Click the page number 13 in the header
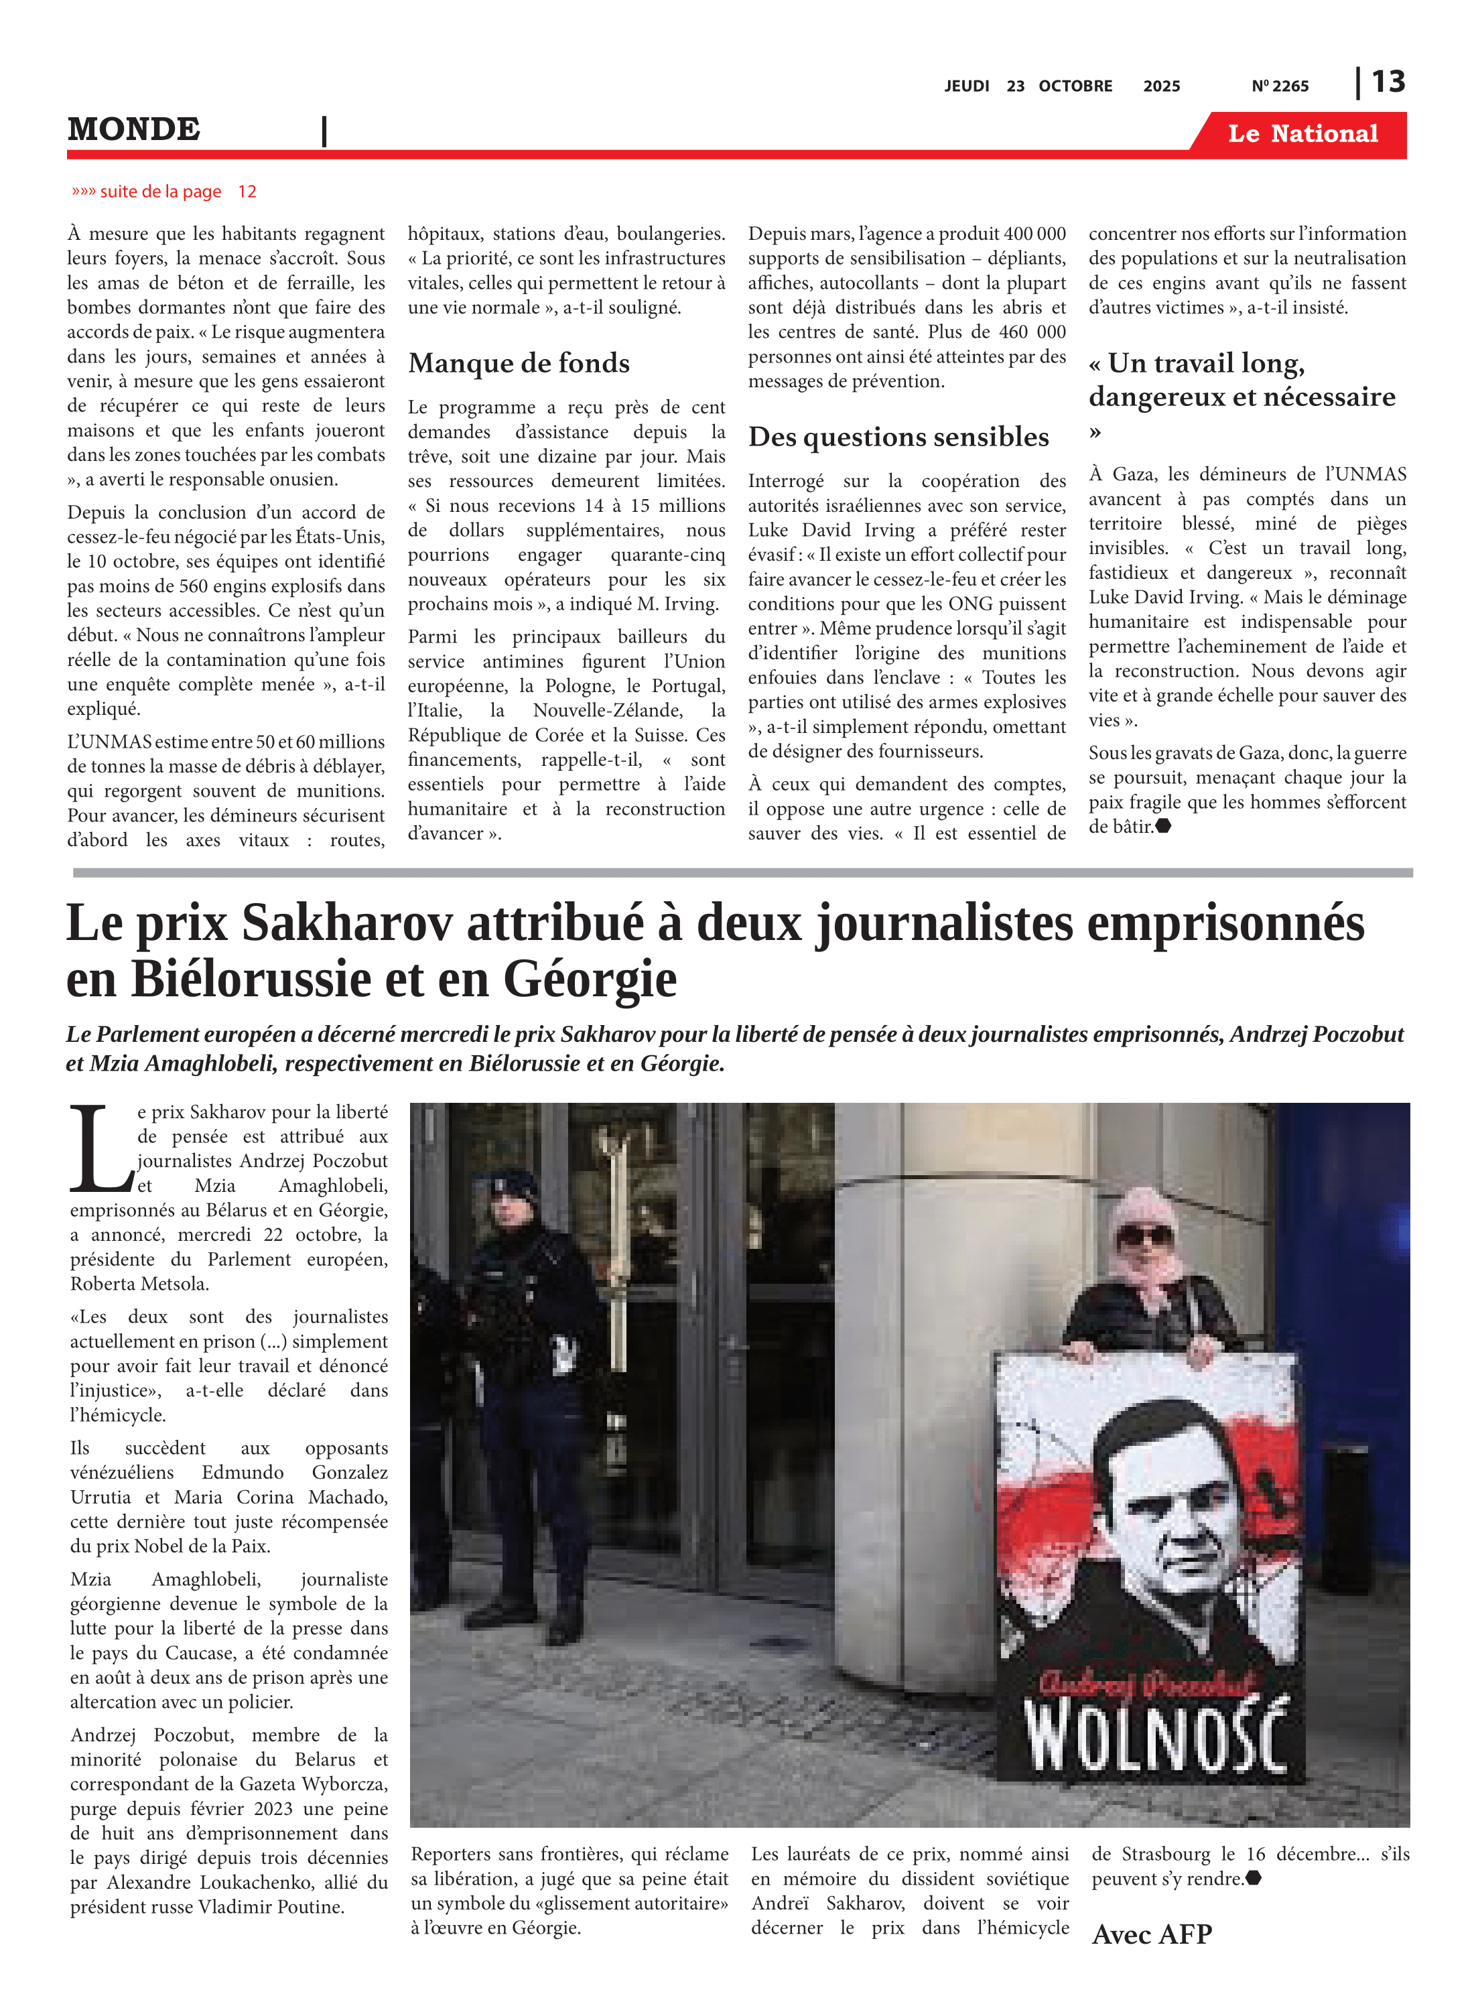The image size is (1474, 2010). (x=1388, y=82)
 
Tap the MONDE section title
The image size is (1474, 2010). (x=134, y=129)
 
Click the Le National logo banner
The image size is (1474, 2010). (x=1302, y=134)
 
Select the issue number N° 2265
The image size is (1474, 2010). (x=1280, y=86)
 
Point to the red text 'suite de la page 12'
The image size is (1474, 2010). (x=165, y=192)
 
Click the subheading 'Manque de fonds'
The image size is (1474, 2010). (x=519, y=363)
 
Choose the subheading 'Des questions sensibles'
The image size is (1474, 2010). (x=898, y=437)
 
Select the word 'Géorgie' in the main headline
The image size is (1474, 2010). (x=590, y=980)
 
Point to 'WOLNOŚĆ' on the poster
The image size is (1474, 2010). (x=1157, y=1735)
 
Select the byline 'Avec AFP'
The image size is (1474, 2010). (x=1151, y=1934)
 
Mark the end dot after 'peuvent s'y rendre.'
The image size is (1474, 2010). (x=1253, y=1878)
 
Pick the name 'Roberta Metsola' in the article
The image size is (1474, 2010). (x=139, y=1284)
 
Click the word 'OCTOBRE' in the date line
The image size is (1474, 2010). (x=1075, y=86)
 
